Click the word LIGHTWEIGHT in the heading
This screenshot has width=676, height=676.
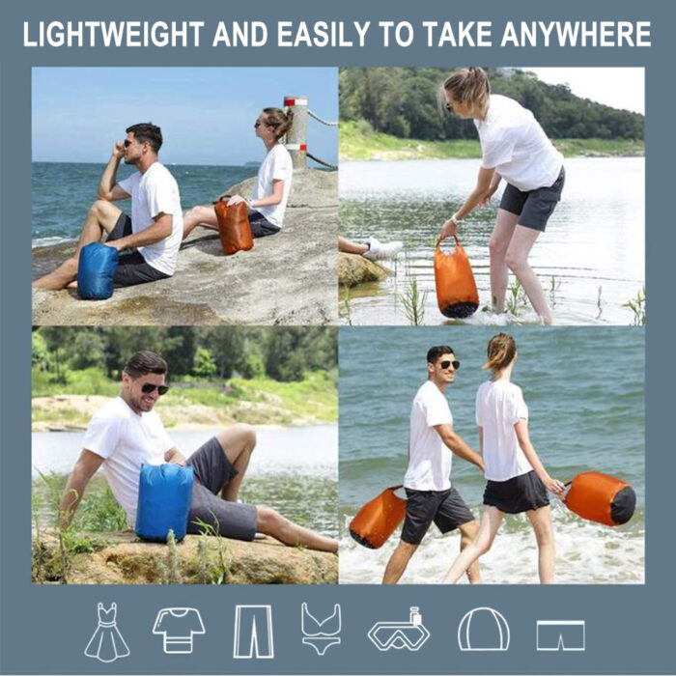coord(113,34)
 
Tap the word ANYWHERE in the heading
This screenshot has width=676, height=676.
coord(576,34)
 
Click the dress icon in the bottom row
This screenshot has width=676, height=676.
coord(106,632)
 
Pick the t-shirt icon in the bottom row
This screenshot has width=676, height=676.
coord(179,630)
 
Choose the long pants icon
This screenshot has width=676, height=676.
coord(253,632)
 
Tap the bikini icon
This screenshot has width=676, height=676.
coord(322,629)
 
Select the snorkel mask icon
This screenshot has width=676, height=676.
coord(399,630)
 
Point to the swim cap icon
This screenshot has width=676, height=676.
coord(483,629)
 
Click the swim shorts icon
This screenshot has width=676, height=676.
coord(560,635)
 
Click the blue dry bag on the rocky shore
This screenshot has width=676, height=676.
coord(98,270)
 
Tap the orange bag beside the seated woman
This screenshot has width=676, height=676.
coord(234,225)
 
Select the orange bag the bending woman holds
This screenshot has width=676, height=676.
coord(456,278)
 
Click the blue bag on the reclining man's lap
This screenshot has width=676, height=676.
coord(164,502)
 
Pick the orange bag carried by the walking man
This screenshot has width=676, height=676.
coord(378,517)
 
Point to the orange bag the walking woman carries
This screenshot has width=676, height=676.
coord(600,499)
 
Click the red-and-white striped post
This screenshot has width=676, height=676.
coord(296,132)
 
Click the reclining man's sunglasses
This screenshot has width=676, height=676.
coord(155,388)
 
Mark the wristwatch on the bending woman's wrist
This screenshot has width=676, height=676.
coord(454,219)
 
